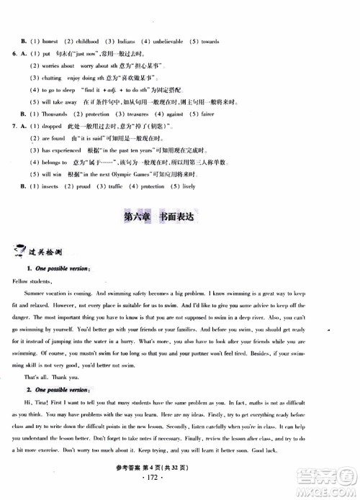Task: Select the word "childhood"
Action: click(x=92, y=42)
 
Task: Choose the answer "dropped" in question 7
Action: click(x=55, y=127)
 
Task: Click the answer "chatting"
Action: click(x=54, y=78)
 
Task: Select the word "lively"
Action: click(x=189, y=187)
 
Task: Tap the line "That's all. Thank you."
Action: click(x=52, y=376)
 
